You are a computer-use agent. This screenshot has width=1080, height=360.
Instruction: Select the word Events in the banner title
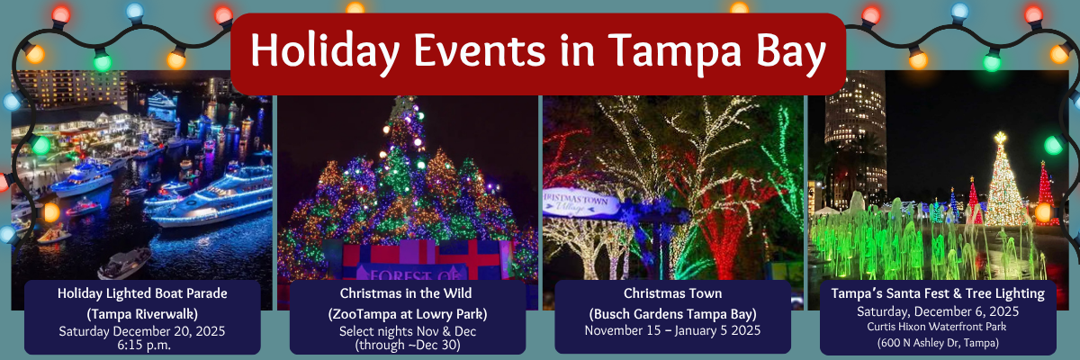480,50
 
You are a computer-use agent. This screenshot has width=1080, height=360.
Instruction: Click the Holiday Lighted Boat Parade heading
142,293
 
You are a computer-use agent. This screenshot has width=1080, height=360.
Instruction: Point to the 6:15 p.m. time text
144,345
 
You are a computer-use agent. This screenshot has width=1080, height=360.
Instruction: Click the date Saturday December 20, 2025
142,331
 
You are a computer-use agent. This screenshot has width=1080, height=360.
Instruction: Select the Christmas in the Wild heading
406,293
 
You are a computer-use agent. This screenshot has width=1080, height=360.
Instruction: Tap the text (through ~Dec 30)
408,345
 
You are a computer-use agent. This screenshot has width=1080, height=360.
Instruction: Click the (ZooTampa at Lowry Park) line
408,314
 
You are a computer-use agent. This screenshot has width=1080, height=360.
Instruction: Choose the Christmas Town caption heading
672,293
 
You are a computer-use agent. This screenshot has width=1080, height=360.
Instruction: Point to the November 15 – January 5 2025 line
672,330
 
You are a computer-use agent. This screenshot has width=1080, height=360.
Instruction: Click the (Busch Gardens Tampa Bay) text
672,314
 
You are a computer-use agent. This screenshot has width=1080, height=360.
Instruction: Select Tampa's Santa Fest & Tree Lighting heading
938,293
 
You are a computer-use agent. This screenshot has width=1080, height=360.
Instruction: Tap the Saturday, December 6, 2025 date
938,311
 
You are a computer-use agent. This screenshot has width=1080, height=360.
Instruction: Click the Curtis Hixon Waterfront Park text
937,327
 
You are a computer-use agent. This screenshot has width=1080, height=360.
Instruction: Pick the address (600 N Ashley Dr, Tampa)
938,343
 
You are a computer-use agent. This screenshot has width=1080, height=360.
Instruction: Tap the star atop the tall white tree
1001,138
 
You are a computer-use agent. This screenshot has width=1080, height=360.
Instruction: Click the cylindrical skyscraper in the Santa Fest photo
855,139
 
